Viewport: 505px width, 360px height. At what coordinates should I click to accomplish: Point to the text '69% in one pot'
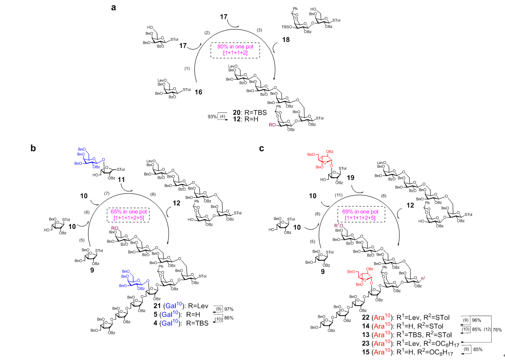[358, 211]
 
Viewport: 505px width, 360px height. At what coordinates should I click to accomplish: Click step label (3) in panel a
[258, 29]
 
